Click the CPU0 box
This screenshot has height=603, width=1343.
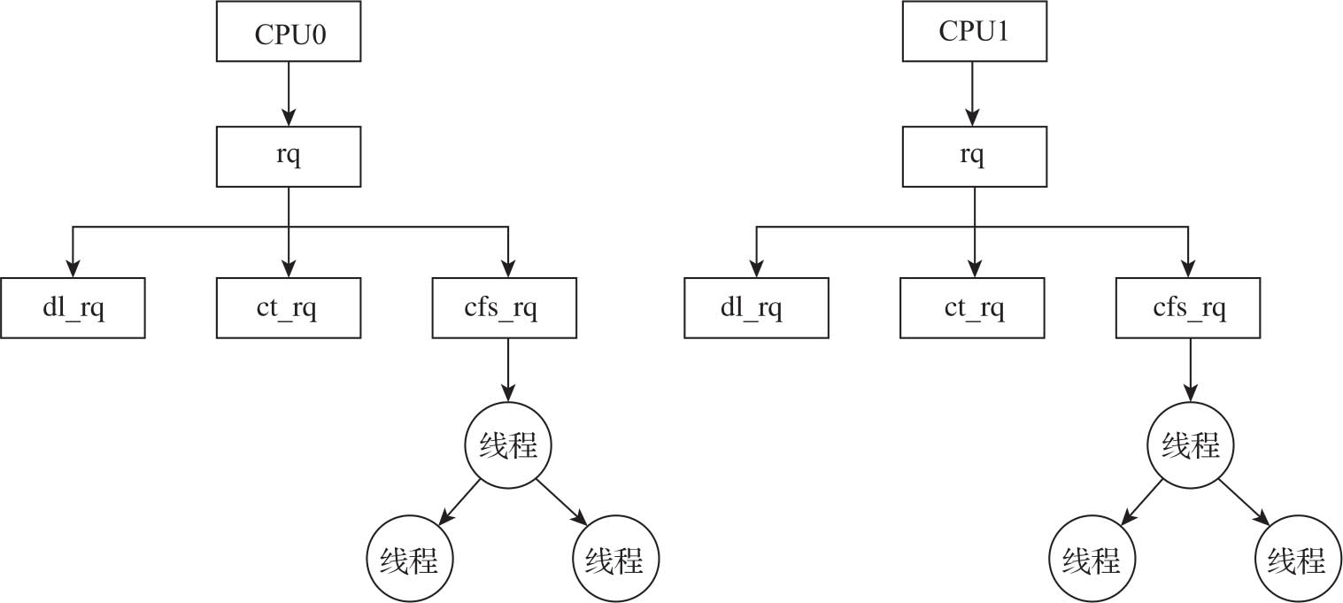[x=289, y=33]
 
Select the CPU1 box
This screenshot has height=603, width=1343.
[x=973, y=33]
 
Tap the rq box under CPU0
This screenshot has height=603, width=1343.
[x=289, y=156]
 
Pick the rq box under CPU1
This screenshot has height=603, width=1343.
[x=973, y=156]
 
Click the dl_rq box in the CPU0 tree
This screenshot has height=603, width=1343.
[x=73, y=308]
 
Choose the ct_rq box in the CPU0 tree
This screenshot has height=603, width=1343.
[x=289, y=308]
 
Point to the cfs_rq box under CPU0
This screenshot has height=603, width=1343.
[x=505, y=308]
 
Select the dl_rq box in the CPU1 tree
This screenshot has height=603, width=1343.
[x=756, y=308]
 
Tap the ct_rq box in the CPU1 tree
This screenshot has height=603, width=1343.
[x=973, y=308]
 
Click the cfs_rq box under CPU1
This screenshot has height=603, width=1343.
[x=1189, y=308]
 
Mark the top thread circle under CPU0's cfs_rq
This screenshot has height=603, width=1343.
[x=507, y=445]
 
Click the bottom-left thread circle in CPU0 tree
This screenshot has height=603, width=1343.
[x=410, y=560]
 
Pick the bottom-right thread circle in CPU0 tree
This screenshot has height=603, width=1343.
[x=616, y=560]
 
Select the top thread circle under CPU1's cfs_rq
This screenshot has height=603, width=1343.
[x=1190, y=445]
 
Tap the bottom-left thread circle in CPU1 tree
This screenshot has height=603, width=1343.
[x=1092, y=560]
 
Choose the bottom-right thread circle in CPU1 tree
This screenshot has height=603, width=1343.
[x=1298, y=560]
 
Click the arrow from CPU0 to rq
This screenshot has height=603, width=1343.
[x=289, y=94]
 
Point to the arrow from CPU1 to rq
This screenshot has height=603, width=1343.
[x=973, y=94]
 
